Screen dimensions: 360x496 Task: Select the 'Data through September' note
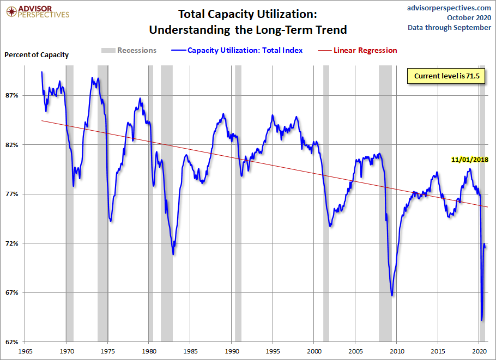point(449,27)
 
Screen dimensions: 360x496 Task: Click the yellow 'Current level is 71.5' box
point(446,76)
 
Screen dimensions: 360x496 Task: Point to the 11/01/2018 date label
point(470,160)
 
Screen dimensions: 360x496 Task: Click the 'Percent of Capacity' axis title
point(37,54)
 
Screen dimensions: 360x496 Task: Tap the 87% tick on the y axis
point(12,95)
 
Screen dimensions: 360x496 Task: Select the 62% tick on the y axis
point(12,342)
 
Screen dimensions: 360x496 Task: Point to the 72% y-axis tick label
point(12,243)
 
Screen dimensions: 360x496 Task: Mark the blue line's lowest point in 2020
point(482,320)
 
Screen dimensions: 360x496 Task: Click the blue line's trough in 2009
point(392,295)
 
